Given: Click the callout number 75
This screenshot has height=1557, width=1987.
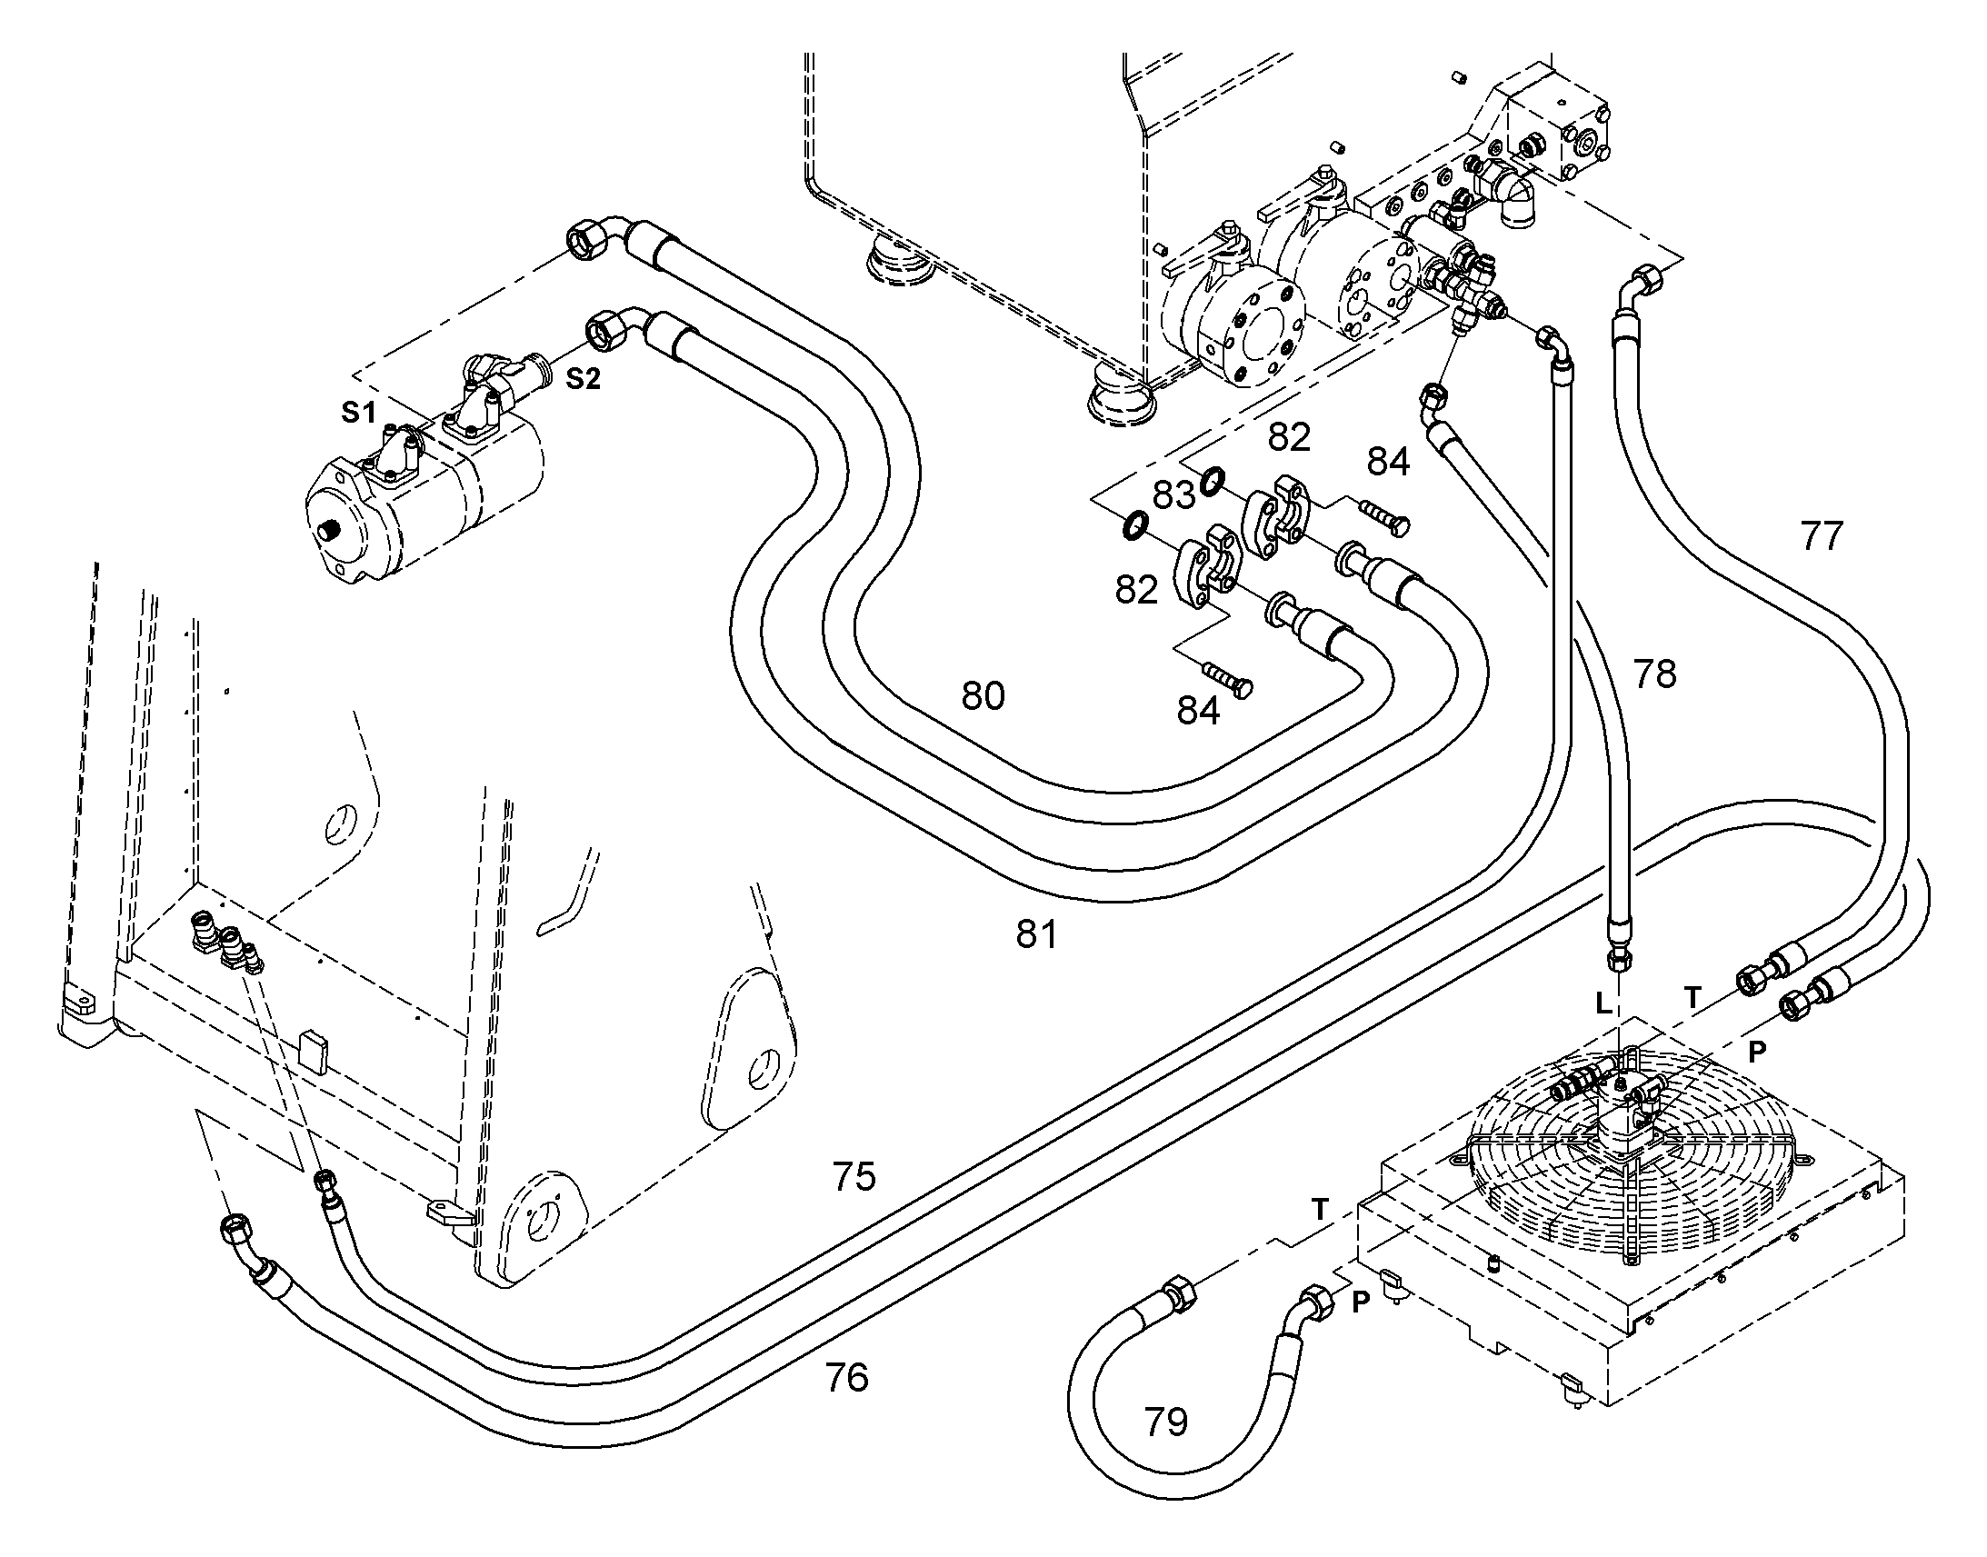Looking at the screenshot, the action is coord(854,1177).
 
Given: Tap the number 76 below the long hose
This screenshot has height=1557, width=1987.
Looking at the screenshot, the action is coord(846,1377).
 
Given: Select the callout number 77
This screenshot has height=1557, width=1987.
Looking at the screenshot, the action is coord(1821,536).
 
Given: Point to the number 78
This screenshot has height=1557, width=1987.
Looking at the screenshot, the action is coord(1654,674).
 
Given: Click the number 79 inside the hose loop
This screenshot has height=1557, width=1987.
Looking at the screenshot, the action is coord(1166,1422).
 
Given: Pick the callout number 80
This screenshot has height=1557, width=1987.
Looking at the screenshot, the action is coord(983,695).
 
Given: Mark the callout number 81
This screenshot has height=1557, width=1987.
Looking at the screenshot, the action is coord(1036,934).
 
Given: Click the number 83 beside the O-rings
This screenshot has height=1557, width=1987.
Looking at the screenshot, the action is coord(1173,495).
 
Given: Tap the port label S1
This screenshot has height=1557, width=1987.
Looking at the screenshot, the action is coord(359,413).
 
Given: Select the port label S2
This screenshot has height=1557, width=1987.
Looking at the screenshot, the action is coord(584,379).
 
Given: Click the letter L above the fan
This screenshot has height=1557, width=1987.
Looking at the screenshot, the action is coord(1604,1004).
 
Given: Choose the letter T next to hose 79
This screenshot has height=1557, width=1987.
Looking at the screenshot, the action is coord(1320,1210).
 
